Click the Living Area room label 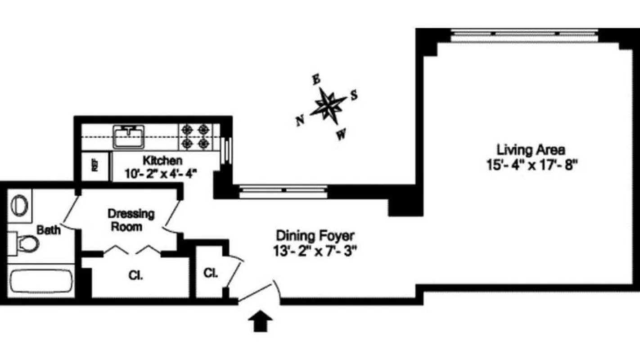pyautogui.click(x=531, y=149)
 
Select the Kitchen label pyautogui.click(x=162, y=160)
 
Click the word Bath pyautogui.click(x=49, y=230)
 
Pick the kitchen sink pyautogui.click(x=129, y=136)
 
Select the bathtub pyautogui.click(x=40, y=282)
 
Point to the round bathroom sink pyautogui.click(x=19, y=205)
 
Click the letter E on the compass pyautogui.click(x=316, y=80)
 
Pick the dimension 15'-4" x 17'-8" pyautogui.click(x=531, y=165)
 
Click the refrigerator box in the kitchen pyautogui.click(x=95, y=165)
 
